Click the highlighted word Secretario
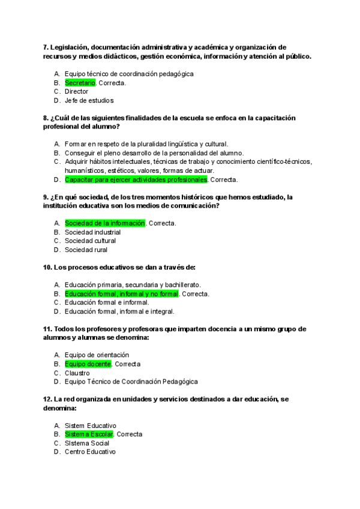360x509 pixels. (80, 83)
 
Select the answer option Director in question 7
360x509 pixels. (76, 92)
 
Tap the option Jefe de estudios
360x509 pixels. (89, 101)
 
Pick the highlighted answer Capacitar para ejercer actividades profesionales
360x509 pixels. (136, 179)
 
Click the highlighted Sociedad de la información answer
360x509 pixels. (105, 223)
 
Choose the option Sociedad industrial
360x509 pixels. (92, 232)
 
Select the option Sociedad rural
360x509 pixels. (86, 250)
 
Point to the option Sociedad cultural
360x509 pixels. (90, 241)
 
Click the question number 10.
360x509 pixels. (48, 267)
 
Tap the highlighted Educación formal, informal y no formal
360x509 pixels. (122, 294)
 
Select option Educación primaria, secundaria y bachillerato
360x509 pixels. (133, 285)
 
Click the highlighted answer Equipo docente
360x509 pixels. (88, 364)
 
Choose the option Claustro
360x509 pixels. (77, 373)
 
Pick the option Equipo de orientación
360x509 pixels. (97, 355)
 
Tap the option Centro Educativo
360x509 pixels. (90, 452)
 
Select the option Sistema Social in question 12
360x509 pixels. (88, 443)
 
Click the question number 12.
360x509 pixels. (48, 399)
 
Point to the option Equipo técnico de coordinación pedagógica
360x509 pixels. (129, 74)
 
